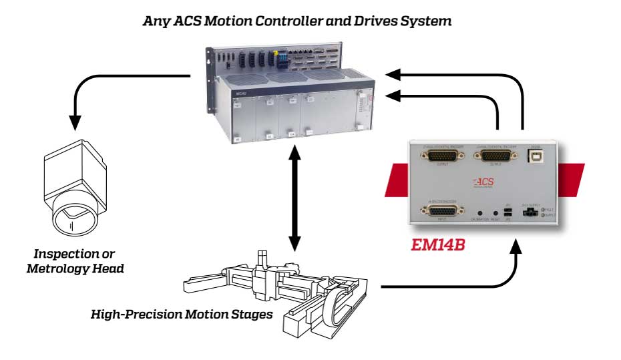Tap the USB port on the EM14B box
(x=536, y=158)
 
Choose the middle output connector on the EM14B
(x=492, y=158)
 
